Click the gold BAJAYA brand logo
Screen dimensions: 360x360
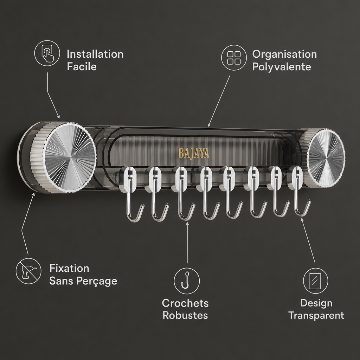click(194, 153)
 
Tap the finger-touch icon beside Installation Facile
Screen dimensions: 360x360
click(47, 53)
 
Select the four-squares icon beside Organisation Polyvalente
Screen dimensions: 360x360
click(234, 58)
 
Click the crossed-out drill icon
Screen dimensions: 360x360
click(28, 271)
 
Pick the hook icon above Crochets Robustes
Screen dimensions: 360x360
click(187, 281)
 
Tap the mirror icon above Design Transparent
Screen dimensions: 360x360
click(315, 281)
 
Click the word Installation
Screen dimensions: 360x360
click(95, 54)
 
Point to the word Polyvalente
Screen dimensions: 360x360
click(282, 67)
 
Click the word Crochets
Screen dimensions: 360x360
click(185, 303)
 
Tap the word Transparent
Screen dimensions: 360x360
click(316, 315)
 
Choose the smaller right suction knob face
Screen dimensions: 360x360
click(326, 158)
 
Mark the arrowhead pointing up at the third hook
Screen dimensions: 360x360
click(187, 224)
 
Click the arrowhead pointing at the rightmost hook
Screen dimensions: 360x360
click(302, 221)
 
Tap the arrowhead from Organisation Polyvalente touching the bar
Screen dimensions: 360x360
click(209, 124)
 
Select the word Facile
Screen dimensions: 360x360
click(82, 67)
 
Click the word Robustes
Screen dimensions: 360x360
click(185, 315)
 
